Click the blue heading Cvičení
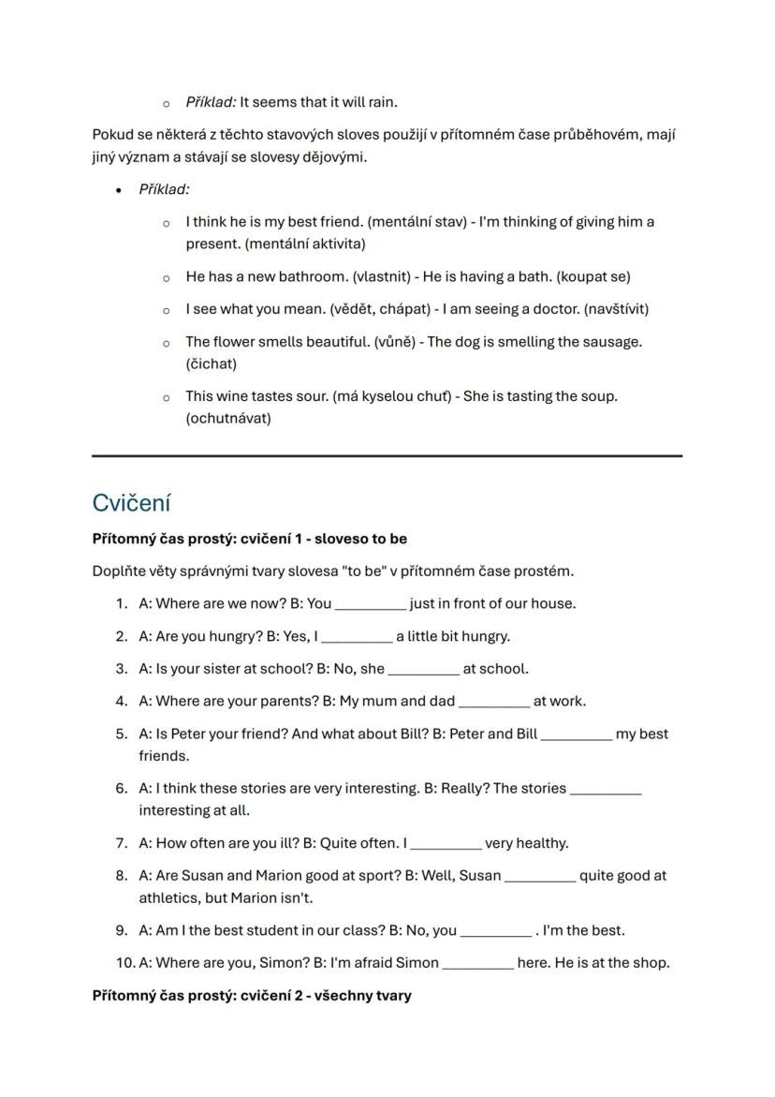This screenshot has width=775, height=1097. point(131,503)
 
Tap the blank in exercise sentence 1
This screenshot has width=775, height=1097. point(371,605)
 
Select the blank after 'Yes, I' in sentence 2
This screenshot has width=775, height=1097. point(357,638)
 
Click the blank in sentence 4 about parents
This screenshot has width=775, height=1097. point(494,703)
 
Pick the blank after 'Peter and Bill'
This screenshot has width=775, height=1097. point(577,735)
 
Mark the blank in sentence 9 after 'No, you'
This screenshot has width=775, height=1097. point(495,932)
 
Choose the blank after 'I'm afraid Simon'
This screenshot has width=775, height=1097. point(477,964)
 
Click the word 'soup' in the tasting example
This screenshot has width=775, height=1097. point(597,396)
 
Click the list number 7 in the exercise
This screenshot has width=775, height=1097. point(122,843)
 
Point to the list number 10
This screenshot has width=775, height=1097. point(125,963)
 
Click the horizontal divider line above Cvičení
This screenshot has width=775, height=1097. point(387,456)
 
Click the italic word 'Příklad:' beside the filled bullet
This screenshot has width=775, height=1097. point(164,189)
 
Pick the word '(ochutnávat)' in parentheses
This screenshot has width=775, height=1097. point(228,419)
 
